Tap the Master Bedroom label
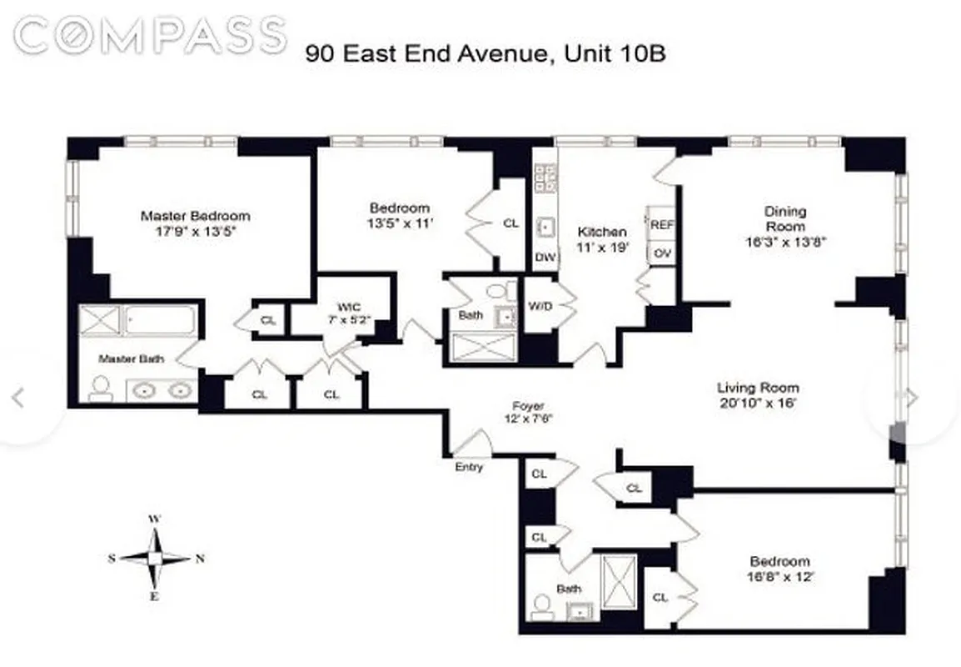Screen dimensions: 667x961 195,216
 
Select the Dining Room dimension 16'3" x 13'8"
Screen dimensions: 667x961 785,243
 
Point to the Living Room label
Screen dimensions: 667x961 758,388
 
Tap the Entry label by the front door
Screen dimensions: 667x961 469,467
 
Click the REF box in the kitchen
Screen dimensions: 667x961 662,225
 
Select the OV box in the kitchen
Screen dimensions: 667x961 662,253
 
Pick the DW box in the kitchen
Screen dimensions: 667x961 545,258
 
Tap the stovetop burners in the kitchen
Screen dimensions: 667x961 545,178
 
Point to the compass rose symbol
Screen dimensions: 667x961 155,559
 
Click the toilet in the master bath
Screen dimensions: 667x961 101,388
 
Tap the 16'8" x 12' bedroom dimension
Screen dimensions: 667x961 779,576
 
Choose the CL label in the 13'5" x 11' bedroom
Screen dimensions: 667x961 510,223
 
